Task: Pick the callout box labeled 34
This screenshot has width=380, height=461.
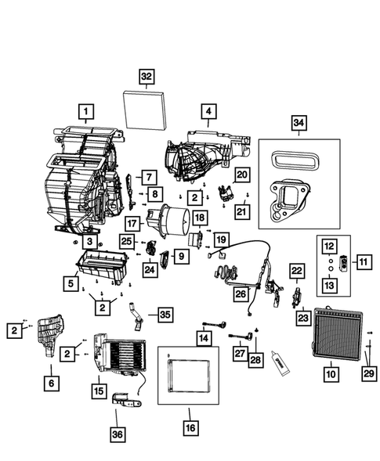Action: point(298,122)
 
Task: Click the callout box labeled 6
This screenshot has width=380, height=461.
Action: point(51,383)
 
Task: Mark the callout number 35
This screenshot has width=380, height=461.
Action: point(164,315)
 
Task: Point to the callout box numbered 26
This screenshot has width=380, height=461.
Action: point(241,294)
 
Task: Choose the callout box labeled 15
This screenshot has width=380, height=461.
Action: point(100,388)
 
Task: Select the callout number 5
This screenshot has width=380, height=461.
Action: point(72,282)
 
